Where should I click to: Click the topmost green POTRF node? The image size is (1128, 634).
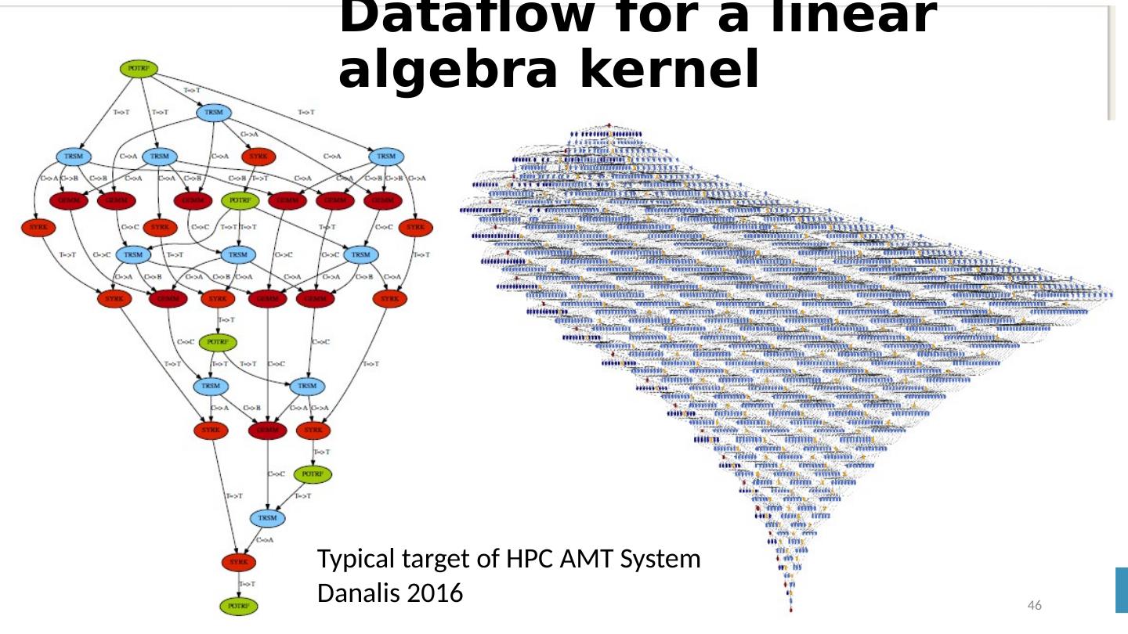[139, 69]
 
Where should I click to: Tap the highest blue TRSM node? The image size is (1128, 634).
[214, 113]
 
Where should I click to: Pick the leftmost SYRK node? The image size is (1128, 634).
[33, 228]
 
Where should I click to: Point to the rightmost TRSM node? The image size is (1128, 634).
[387, 157]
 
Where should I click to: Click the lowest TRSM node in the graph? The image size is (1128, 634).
[268, 518]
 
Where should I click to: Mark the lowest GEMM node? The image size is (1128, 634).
[268, 430]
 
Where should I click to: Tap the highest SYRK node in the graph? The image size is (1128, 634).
[258, 157]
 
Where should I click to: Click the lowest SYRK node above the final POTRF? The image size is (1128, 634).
[239, 562]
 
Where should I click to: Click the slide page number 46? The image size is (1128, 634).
[1034, 606]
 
